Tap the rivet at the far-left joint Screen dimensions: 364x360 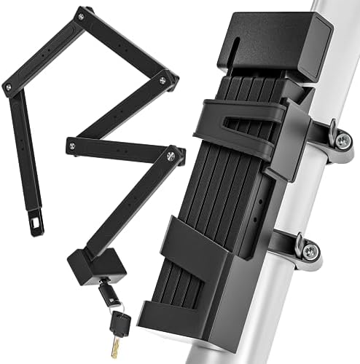coord(8,87)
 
